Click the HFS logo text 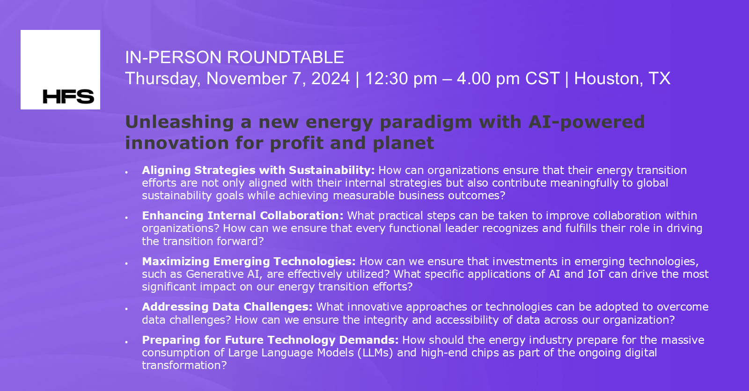[68, 96]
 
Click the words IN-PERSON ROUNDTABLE [234, 58]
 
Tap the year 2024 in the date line [330, 79]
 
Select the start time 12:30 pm [401, 79]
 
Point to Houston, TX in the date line [622, 79]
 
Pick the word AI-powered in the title [586, 122]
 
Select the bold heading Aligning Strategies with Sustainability [258, 170]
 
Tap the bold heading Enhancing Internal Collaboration [242, 216]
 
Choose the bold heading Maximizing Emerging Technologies [249, 261]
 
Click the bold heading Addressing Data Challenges [227, 307]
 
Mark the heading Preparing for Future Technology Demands [270, 340]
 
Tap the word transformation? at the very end [184, 365]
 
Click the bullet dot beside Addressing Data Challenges [126, 309]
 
